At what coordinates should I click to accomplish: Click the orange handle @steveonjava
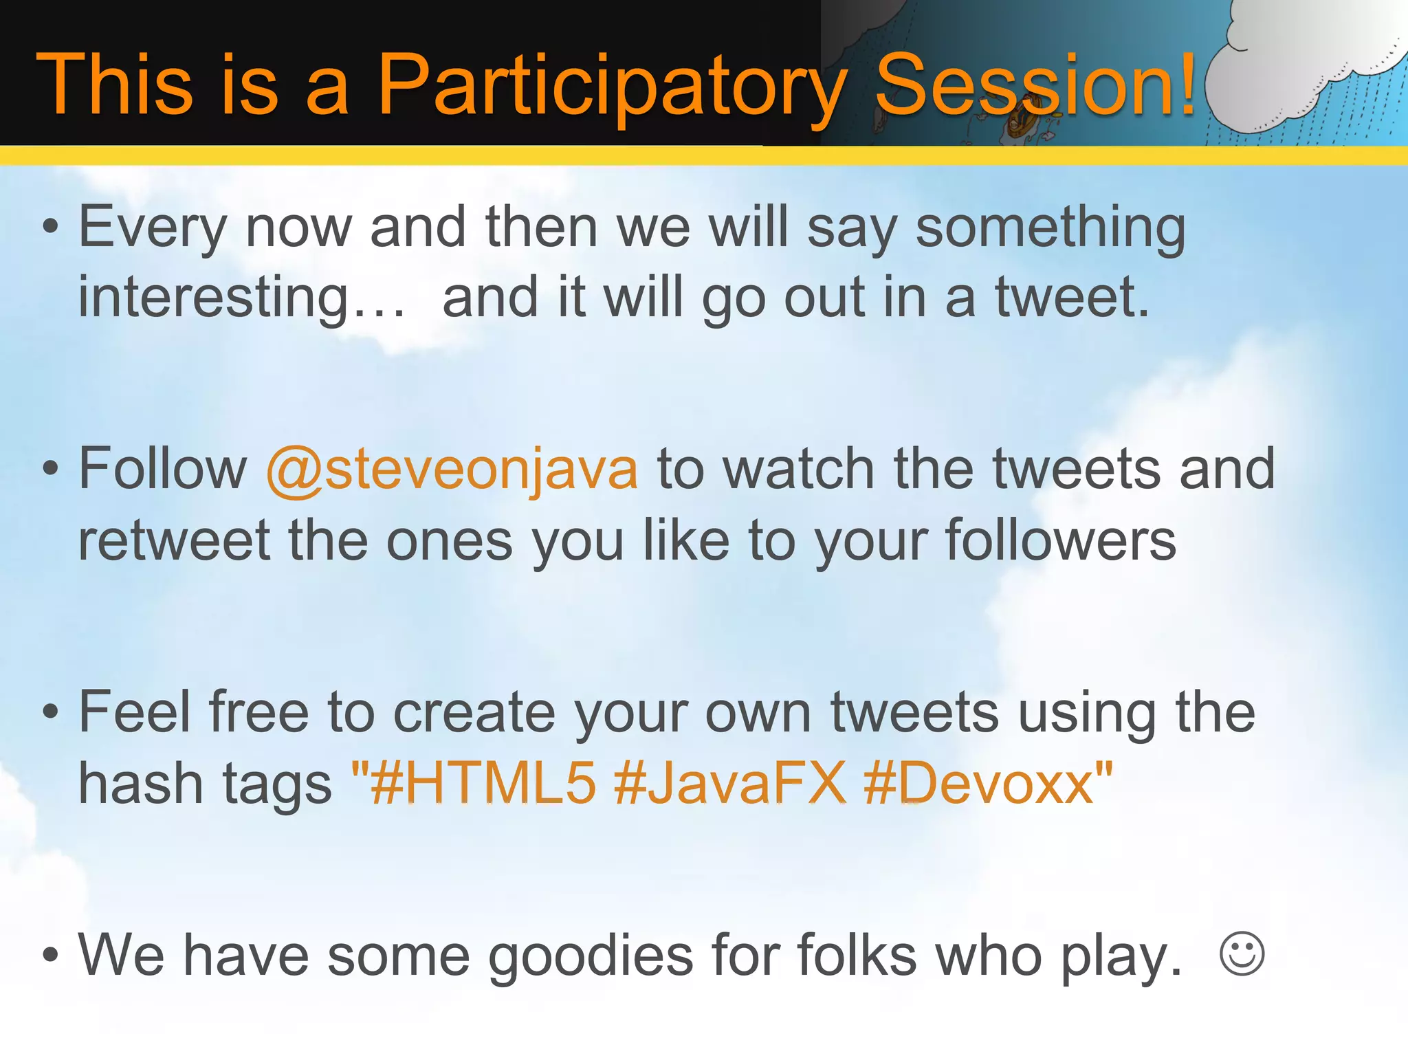452,470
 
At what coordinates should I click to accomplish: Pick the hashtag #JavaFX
729,783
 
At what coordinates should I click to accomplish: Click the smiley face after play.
1242,954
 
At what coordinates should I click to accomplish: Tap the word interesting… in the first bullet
241,298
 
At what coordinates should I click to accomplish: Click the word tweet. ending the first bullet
1072,297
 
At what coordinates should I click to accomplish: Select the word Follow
162,469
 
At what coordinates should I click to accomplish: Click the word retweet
175,541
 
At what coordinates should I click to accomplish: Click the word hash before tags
137,784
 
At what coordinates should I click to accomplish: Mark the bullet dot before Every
50,228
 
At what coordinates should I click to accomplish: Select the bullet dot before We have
50,955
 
